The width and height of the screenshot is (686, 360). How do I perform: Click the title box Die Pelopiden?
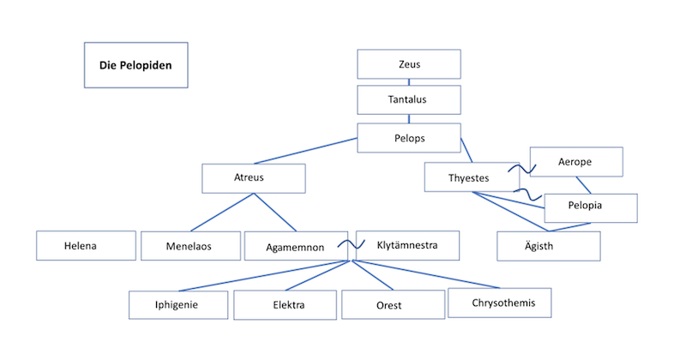point(135,64)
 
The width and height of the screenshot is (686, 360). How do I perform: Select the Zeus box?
point(409,64)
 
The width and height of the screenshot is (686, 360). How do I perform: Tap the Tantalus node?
point(409,100)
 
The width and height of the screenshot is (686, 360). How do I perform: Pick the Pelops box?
point(409,137)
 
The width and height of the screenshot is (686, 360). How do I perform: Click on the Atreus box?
point(254,178)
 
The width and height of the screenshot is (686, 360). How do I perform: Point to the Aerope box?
point(575,162)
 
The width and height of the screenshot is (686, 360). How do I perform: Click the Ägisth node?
point(549,246)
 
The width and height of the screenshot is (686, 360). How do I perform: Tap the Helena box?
point(86,246)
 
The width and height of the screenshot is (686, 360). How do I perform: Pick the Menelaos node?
point(190,246)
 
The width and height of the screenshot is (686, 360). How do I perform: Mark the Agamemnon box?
point(294,246)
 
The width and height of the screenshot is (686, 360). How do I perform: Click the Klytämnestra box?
point(408,245)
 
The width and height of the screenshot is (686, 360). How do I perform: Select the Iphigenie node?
point(179,304)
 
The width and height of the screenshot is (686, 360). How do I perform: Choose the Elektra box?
point(286,305)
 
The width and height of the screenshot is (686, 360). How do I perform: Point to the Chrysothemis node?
point(499,303)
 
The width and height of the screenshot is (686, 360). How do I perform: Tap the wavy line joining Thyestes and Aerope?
point(521,167)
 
